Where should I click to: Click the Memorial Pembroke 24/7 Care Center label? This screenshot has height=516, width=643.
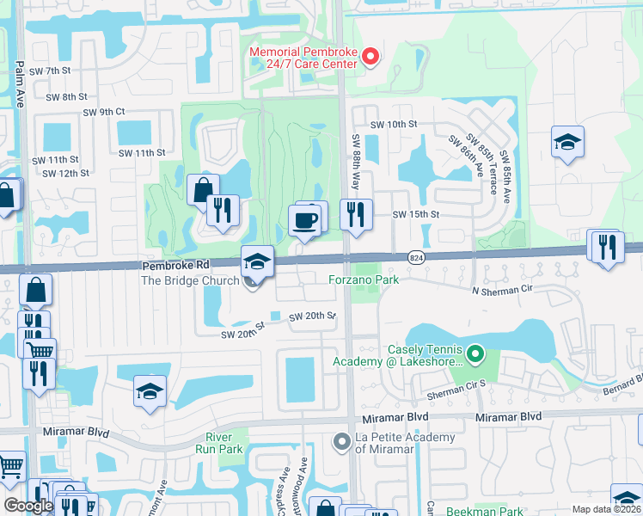(303, 58)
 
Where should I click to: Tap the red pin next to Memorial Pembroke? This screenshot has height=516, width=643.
(371, 57)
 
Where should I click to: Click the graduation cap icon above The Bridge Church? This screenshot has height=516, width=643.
(257, 261)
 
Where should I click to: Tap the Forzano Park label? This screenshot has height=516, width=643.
(364, 279)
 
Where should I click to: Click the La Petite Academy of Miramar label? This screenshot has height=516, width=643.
(406, 444)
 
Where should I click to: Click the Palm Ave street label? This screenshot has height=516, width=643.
(19, 84)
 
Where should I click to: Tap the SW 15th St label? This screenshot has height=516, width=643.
(416, 215)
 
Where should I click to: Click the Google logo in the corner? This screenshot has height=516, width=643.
(28, 506)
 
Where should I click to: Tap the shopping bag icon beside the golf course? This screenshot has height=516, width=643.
(203, 188)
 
